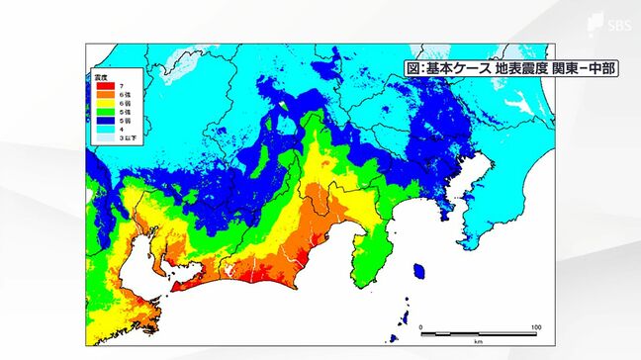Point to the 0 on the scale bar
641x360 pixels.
420,327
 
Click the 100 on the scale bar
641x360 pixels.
535,327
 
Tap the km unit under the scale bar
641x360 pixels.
478,342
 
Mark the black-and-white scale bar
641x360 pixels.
478,334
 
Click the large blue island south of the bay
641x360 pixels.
419,271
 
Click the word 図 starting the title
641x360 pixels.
413,69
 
